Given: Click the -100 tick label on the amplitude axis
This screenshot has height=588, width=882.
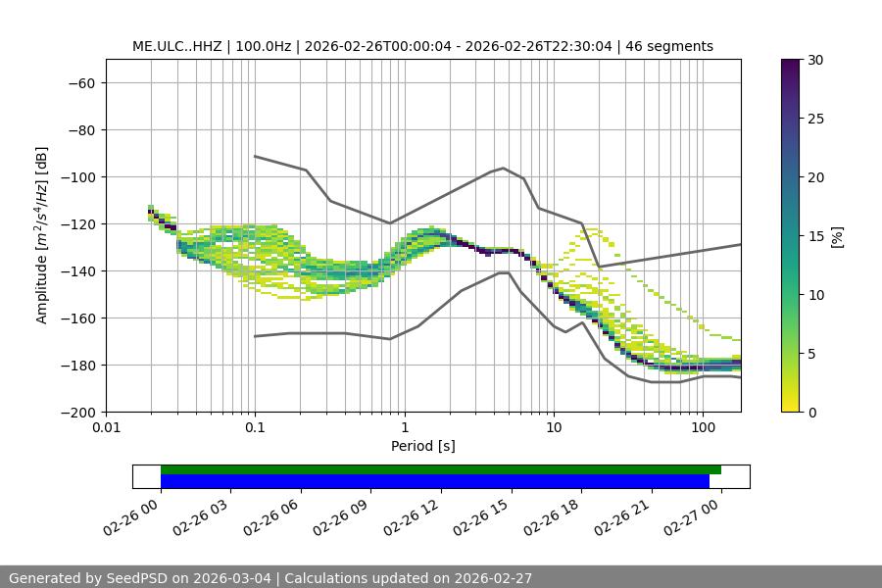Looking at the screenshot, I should [79, 177].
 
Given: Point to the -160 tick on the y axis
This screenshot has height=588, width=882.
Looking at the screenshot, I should [79, 318].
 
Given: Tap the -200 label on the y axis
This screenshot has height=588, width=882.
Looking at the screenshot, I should [79, 413].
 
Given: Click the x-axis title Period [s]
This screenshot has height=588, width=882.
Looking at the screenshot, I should [422, 446].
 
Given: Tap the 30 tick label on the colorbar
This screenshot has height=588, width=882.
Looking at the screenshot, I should [814, 60].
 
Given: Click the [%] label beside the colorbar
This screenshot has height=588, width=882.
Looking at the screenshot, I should [837, 236].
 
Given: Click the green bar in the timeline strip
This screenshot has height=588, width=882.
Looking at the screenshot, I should [440, 469].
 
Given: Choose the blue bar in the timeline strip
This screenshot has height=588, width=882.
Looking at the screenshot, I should [434, 481].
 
